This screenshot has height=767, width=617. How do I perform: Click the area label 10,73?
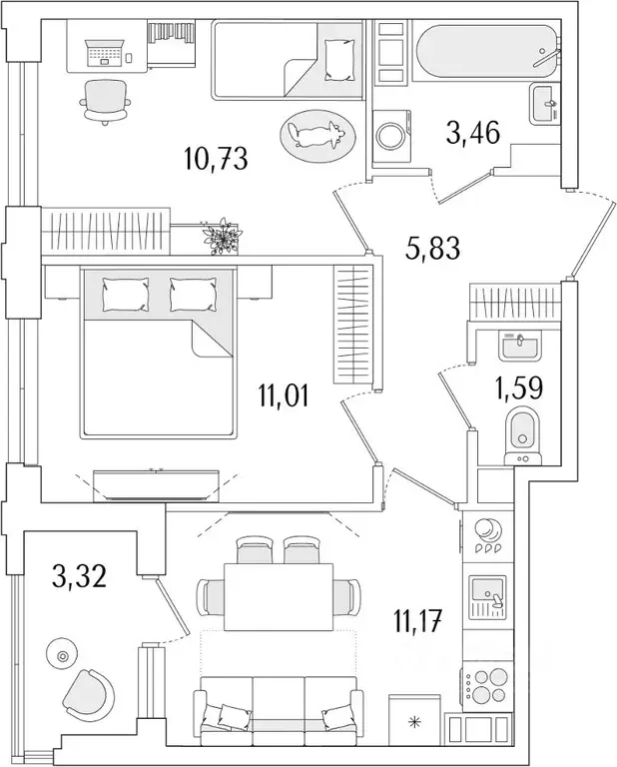pyautogui.click(x=216, y=158)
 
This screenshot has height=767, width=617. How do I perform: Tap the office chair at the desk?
pyautogui.click(x=105, y=101)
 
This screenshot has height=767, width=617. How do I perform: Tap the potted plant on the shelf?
pyautogui.click(x=221, y=237)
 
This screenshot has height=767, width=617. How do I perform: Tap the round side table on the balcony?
pyautogui.click(x=63, y=655)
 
